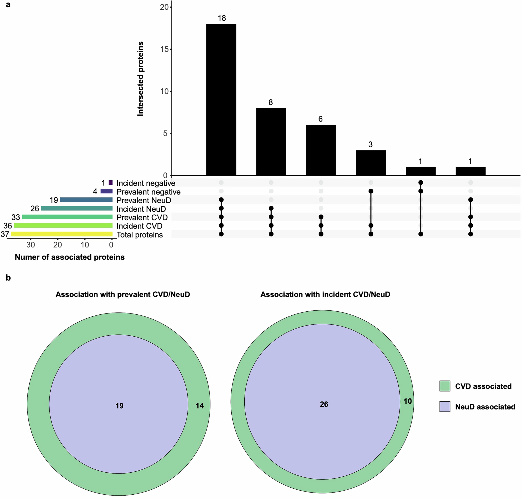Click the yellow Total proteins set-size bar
point(62,234)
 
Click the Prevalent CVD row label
point(142,217)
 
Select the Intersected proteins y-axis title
point(140,79)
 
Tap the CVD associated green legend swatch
point(445,386)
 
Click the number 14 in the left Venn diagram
point(200,406)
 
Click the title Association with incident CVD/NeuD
point(325,294)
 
